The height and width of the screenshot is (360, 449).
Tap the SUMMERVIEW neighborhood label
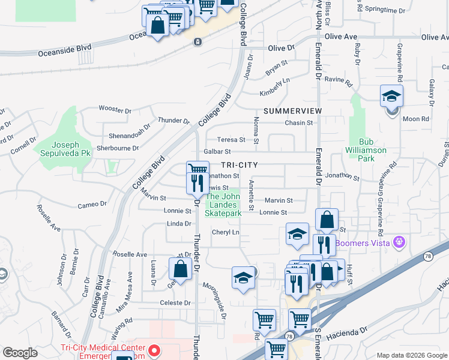tap(292, 112)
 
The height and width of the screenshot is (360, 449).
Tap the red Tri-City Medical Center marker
tap(154, 349)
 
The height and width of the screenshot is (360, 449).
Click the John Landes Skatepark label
tap(224, 205)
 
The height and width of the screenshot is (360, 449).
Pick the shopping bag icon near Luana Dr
tap(180, 269)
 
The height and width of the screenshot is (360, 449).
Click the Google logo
tap(20, 353)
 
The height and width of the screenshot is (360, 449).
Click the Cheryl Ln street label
tap(225, 232)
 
